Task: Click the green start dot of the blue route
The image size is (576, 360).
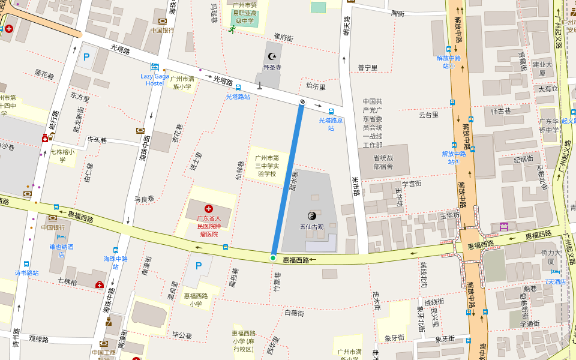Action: coord(273,258)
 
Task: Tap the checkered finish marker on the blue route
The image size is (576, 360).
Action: coord(302,103)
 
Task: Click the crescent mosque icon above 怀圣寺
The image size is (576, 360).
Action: coord(272,56)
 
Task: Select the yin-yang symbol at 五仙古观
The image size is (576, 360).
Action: coord(311,215)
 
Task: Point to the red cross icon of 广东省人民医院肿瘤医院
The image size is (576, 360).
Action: coord(209,209)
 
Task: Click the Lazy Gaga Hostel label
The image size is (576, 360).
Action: coord(154,79)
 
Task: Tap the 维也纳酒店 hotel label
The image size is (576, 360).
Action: coord(61,250)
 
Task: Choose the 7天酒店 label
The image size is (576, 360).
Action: coord(555,281)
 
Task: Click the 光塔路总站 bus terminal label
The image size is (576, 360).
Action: coord(331,124)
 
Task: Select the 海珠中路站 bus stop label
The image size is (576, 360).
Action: coord(115,262)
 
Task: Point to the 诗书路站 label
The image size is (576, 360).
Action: coord(26,273)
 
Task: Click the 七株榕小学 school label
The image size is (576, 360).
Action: coord(62,156)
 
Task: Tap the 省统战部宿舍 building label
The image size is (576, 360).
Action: coord(383,162)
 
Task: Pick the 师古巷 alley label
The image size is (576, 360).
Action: coord(501,111)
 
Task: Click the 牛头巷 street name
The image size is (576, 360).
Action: coord(97,140)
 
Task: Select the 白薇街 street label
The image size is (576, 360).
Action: coord(294,313)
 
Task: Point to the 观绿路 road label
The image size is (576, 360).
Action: coord(38,339)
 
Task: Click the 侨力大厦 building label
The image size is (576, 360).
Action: coord(550,256)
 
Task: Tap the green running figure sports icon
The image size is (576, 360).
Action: coord(232,29)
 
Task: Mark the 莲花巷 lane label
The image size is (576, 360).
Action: coord(44,74)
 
